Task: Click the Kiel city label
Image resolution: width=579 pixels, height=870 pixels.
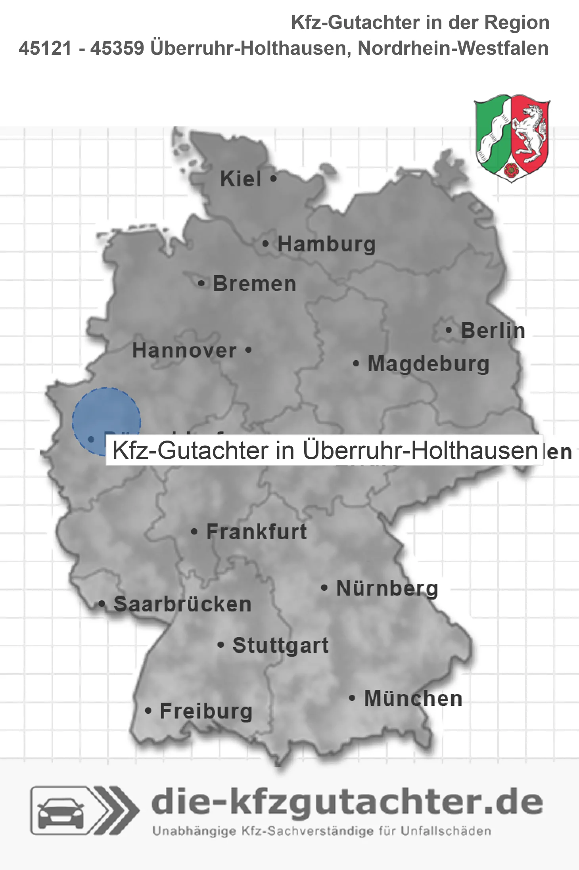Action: pyautogui.click(x=241, y=179)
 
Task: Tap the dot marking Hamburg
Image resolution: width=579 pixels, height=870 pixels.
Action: pyautogui.click(x=266, y=244)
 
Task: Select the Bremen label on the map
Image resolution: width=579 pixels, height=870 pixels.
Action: pyautogui.click(x=255, y=284)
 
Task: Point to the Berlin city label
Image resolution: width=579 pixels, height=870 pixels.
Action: pyautogui.click(x=493, y=330)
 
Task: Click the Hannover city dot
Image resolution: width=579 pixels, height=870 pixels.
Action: pyautogui.click(x=248, y=350)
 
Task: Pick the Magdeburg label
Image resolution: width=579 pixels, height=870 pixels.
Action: pyautogui.click(x=428, y=364)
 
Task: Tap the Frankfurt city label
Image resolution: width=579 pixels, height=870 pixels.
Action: pyautogui.click(x=257, y=532)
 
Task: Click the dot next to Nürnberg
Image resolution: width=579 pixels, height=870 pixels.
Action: pyautogui.click(x=324, y=588)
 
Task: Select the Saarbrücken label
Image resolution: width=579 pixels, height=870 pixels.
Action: pyautogui.click(x=182, y=604)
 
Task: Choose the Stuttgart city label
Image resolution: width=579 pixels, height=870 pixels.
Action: pyautogui.click(x=281, y=645)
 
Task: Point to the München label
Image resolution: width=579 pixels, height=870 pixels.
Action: pyautogui.click(x=413, y=698)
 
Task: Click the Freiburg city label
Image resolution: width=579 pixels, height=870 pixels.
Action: pyautogui.click(x=206, y=711)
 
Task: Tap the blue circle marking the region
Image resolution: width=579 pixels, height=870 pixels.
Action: pyautogui.click(x=106, y=416)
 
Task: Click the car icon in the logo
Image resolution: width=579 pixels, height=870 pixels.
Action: pyautogui.click(x=61, y=813)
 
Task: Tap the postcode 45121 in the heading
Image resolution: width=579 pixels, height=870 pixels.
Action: pyautogui.click(x=45, y=48)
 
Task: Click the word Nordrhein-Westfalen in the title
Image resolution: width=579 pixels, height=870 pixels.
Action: pyautogui.click(x=453, y=48)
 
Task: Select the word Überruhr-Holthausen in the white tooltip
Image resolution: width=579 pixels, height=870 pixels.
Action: pyautogui.click(x=420, y=450)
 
